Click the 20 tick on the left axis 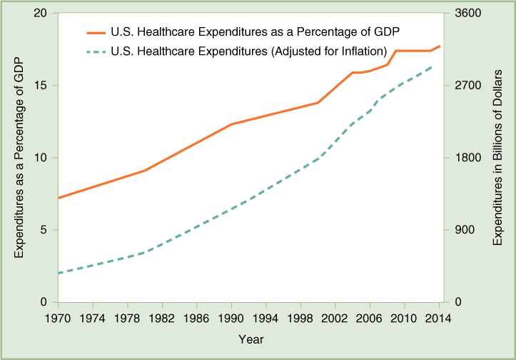(x=41, y=14)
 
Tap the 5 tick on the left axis (x=45, y=230)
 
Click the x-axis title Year (x=251, y=338)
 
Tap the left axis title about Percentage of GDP (x=19, y=158)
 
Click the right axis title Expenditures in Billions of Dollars (x=497, y=158)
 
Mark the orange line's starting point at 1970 (x=59, y=198)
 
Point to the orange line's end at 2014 (x=440, y=46)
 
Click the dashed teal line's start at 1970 (x=59, y=273)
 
